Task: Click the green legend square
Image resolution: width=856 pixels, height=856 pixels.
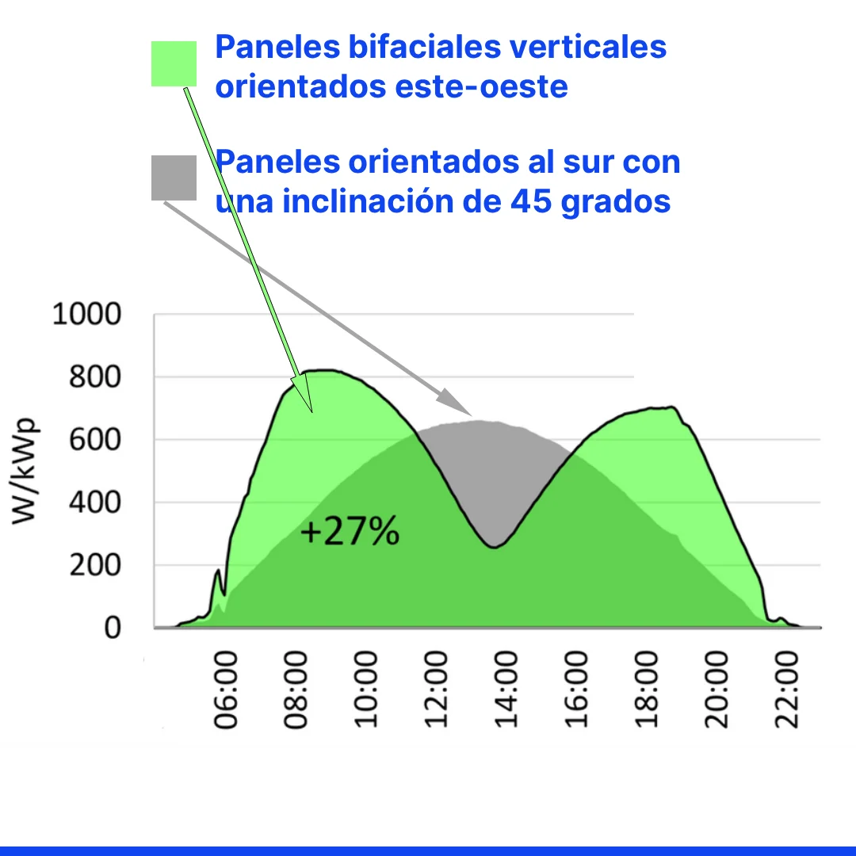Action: (174, 63)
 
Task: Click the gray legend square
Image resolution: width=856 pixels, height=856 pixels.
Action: (174, 178)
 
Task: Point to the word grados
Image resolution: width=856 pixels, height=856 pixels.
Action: (615, 201)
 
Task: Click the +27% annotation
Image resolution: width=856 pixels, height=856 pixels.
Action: (350, 533)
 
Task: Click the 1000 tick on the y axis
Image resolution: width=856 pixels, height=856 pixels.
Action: (86, 315)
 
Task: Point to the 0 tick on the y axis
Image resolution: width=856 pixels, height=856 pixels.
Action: (112, 628)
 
